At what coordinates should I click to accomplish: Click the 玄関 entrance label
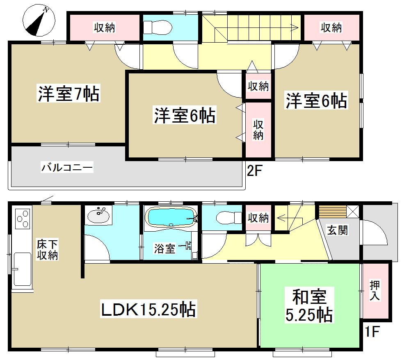[x=338, y=230]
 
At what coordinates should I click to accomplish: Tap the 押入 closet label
[x=375, y=289]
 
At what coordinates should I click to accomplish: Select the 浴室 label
[x=165, y=248]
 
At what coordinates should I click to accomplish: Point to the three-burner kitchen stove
[x=23, y=219]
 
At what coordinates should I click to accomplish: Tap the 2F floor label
[x=254, y=171]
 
